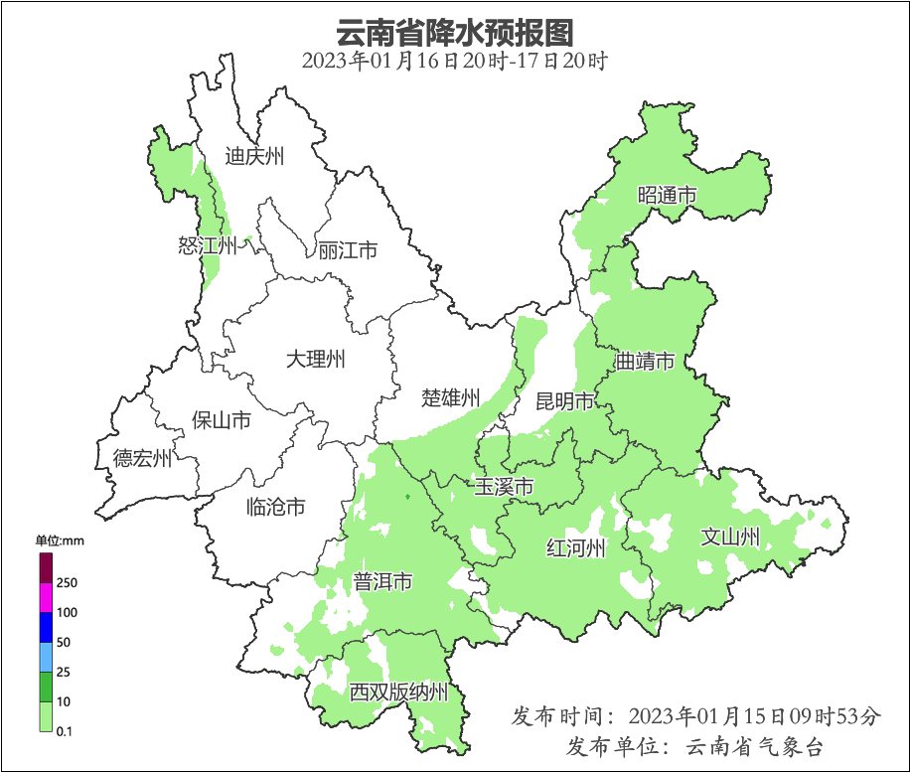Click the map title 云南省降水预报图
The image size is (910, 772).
pos(454,32)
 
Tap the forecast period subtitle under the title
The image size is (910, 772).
pos(454,61)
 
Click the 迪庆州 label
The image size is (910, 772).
pos(254,156)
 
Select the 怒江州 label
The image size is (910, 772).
pos(208,245)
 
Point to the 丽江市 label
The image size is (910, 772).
pos(348,250)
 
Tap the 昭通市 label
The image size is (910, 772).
pos(667,196)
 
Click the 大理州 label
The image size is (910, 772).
pos(315,359)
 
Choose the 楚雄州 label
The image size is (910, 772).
pos(450,398)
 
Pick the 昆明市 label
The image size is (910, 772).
pos(564,401)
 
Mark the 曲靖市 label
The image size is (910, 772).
pos(645,361)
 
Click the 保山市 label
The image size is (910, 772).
pos(221,420)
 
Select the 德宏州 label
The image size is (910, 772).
pos(142,458)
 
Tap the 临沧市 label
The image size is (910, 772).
pos(275,508)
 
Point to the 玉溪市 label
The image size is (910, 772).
pos(504,487)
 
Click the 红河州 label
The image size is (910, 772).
pos(576,548)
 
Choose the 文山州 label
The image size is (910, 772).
pos(730,538)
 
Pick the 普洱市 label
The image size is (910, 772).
pos(382,582)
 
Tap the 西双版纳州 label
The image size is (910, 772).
pos(398,693)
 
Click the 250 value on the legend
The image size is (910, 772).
pos(68,582)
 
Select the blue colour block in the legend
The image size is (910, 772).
pos(46,627)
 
